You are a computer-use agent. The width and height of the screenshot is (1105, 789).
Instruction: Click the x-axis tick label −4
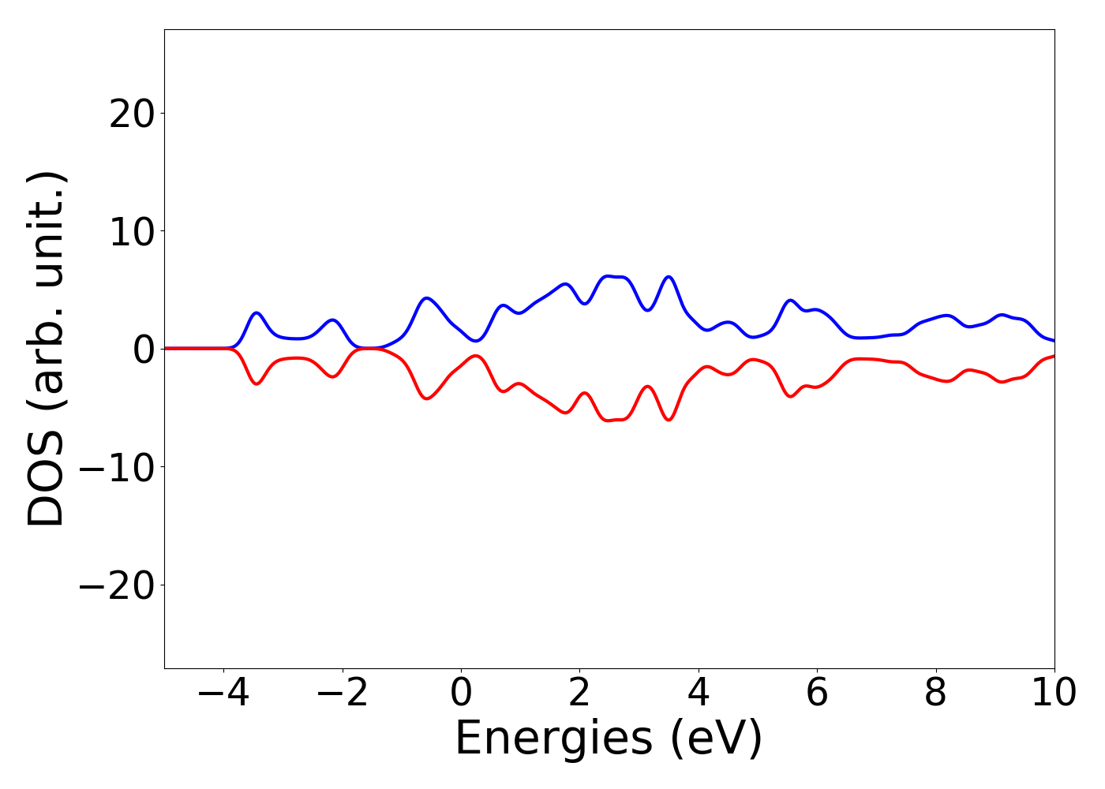pos(223,693)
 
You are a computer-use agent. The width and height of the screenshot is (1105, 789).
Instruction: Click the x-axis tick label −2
pos(342,693)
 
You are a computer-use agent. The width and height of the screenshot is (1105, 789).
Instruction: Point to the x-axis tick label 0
pos(461,693)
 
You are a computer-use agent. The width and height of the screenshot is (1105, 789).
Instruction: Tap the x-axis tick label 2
pos(579,693)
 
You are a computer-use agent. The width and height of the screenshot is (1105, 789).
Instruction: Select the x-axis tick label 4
pos(699,693)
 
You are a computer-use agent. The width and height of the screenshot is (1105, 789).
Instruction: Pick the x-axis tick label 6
pos(817,693)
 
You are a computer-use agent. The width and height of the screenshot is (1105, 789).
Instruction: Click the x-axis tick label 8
pos(935,693)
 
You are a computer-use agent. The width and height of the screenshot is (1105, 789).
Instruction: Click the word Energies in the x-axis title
pos(553,739)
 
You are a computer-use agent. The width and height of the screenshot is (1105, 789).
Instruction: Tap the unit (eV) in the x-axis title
pos(717,739)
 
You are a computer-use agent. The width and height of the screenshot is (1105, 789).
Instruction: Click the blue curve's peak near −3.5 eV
pos(257,312)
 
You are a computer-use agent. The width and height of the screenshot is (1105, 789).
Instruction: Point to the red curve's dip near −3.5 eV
pos(257,384)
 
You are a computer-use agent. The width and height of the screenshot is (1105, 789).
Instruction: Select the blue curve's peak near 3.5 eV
pos(669,277)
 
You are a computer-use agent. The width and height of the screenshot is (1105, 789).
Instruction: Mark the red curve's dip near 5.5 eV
pos(790,396)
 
